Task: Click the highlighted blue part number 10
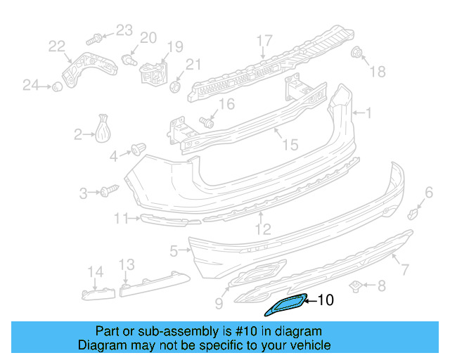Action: pos(284,306)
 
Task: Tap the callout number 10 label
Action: pos(325,300)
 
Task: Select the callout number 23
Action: pos(124,30)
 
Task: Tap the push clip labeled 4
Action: pos(137,149)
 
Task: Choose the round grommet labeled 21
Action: pos(176,86)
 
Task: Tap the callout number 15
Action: pos(290,145)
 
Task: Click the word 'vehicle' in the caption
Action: pos(307,345)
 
